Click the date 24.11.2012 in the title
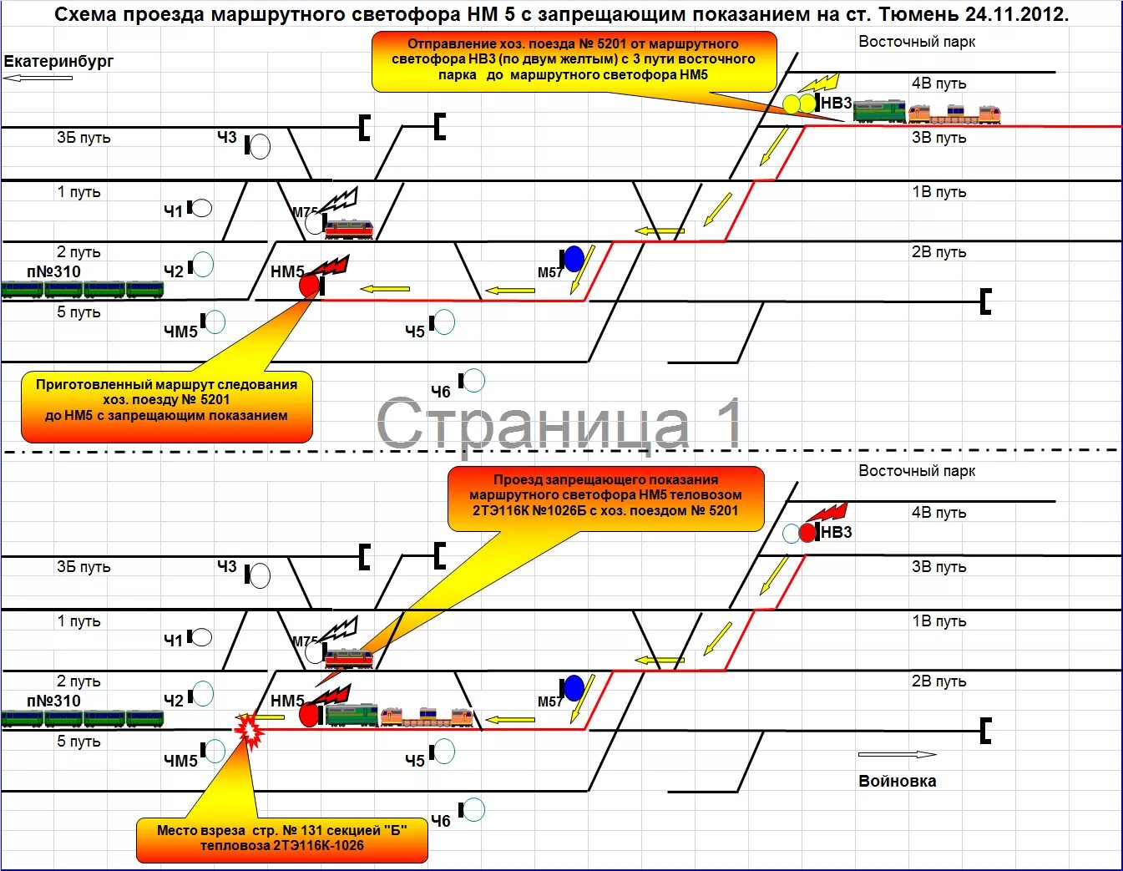click(x=1016, y=14)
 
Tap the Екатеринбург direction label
click(x=58, y=61)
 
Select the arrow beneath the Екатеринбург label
click(x=38, y=78)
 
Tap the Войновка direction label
click(x=897, y=781)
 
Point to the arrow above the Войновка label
click(x=897, y=754)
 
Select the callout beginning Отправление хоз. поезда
click(x=573, y=59)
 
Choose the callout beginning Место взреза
click(x=281, y=838)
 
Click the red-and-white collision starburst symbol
click(x=248, y=729)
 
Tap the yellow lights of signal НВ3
click(x=798, y=104)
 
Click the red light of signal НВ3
click(x=807, y=532)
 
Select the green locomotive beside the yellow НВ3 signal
click(x=879, y=110)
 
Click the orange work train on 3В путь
click(x=954, y=114)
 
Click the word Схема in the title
click(x=83, y=14)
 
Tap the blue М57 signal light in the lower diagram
click(x=574, y=688)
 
